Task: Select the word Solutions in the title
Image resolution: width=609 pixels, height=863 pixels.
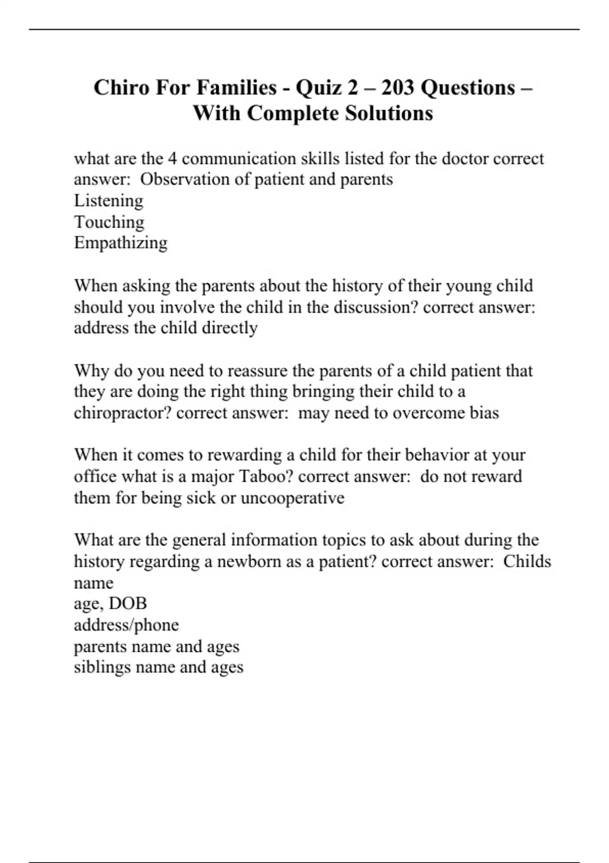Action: (x=389, y=113)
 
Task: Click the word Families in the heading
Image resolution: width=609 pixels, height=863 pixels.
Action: (x=236, y=88)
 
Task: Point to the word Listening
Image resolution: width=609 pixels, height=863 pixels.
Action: (x=109, y=201)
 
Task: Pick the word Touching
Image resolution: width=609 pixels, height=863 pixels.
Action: (x=109, y=222)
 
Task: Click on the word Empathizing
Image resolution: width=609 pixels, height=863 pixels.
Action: (x=120, y=243)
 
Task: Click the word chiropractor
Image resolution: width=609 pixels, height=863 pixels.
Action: (x=122, y=413)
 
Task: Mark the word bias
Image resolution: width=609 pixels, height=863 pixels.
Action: (x=484, y=413)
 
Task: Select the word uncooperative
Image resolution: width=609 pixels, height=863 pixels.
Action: (x=292, y=498)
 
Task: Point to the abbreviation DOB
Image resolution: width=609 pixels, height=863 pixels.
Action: (x=127, y=604)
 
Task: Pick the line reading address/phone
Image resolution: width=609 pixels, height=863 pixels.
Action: (x=126, y=625)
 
